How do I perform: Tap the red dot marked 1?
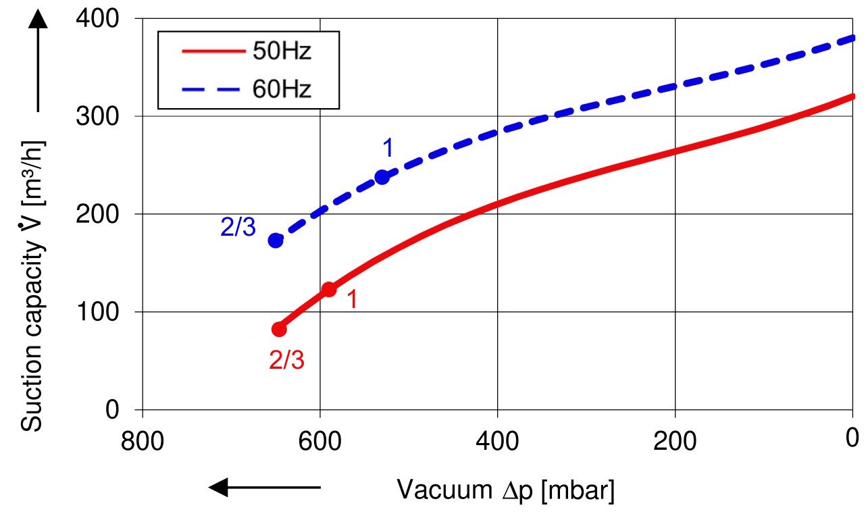pyautogui.click(x=329, y=289)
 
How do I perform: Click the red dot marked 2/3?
pyautogui.click(x=279, y=329)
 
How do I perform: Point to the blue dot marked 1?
pyautogui.click(x=382, y=177)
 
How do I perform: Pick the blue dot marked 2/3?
pyautogui.click(x=276, y=240)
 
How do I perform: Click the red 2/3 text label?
pyautogui.click(x=286, y=361)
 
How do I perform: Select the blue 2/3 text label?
pyautogui.click(x=238, y=228)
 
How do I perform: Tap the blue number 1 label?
pyautogui.click(x=388, y=147)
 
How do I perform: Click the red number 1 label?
pyautogui.click(x=351, y=300)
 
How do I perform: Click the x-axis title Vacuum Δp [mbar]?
pyautogui.click(x=505, y=490)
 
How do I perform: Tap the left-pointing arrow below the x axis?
pyautogui.click(x=264, y=487)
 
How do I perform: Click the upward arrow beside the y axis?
pyautogui.click(x=39, y=61)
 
